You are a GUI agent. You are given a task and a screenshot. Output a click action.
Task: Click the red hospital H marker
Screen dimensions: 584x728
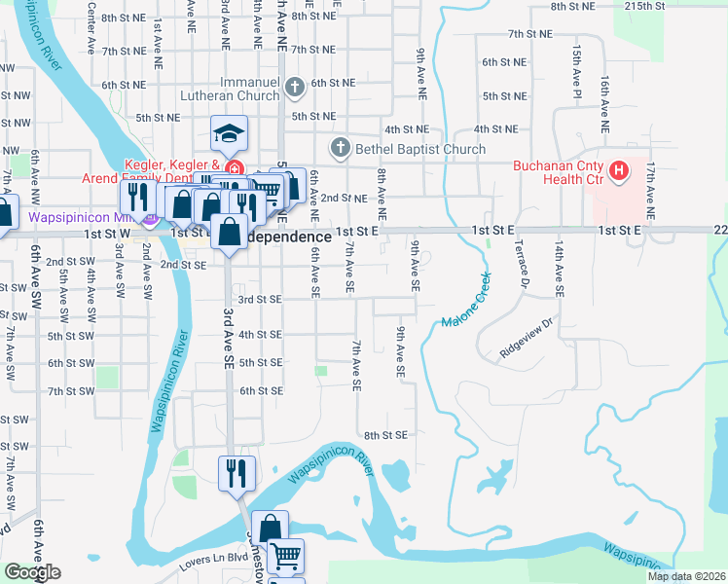tap(618, 173)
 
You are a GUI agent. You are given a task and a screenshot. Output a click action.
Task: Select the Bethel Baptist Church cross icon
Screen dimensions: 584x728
tap(340, 149)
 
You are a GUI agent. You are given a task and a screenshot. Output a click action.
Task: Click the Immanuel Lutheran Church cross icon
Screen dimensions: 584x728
tap(294, 90)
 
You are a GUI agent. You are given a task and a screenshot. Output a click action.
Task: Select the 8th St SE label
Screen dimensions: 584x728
tap(384, 435)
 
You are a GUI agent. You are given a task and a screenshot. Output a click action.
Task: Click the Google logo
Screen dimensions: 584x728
tap(32, 572)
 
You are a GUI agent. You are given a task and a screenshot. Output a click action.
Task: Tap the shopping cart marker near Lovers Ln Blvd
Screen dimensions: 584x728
tap(284, 557)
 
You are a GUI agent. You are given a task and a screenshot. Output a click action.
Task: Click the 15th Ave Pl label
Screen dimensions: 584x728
tap(577, 66)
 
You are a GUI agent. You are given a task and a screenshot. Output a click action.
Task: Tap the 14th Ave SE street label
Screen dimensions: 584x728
tap(560, 270)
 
